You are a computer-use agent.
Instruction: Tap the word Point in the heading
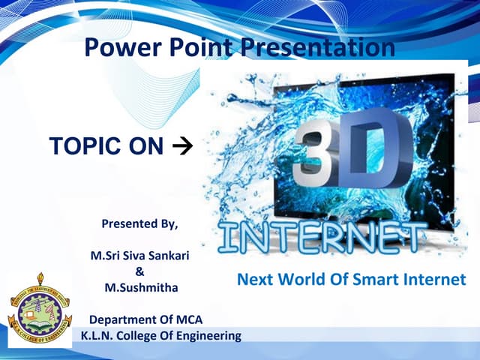(x=198, y=47)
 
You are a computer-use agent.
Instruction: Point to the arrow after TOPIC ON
(x=181, y=146)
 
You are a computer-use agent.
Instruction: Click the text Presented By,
(x=140, y=223)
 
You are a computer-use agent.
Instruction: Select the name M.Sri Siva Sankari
(x=139, y=256)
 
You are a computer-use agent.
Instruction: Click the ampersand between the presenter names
(x=139, y=271)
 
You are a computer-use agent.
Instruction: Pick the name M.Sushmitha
(x=139, y=287)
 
